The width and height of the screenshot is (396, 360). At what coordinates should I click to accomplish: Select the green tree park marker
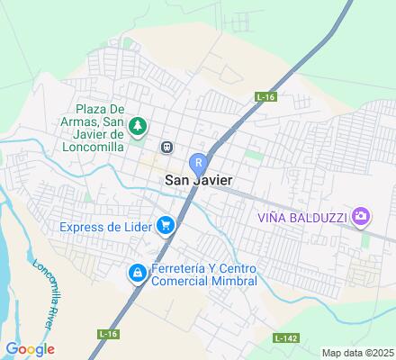click(x=137, y=125)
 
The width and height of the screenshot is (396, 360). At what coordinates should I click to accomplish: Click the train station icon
click(x=166, y=147)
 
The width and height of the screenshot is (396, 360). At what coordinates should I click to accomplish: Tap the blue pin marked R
click(x=199, y=162)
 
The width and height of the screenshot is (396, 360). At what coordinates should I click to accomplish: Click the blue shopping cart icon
click(x=165, y=225)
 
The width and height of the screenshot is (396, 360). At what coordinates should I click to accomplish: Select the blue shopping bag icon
click(x=136, y=272)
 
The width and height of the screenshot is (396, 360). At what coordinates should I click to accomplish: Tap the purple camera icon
click(x=361, y=215)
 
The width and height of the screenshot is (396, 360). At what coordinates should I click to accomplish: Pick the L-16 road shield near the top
click(x=264, y=95)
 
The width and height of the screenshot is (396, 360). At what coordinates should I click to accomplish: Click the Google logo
click(x=30, y=349)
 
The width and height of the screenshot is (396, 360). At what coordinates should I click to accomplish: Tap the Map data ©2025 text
click(x=357, y=353)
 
